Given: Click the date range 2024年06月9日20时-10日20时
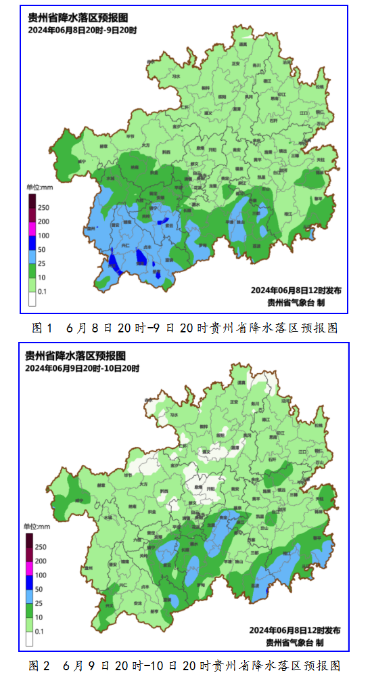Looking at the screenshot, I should click(x=82, y=368).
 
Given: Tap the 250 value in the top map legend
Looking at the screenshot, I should click(x=43, y=207).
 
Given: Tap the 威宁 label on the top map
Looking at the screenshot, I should click(x=82, y=162).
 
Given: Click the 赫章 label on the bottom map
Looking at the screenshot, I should click(x=102, y=485).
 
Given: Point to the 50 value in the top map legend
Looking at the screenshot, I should click(x=42, y=250).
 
